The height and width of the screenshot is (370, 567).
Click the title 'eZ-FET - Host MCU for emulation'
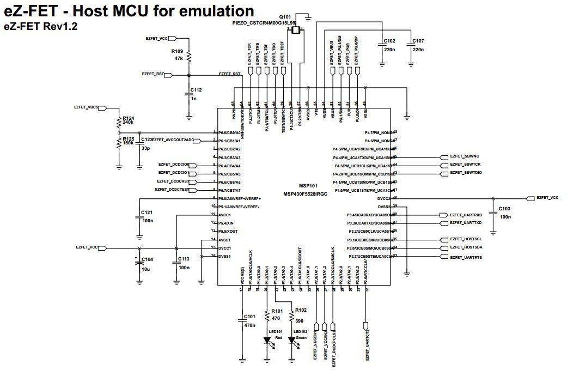tap(129, 11)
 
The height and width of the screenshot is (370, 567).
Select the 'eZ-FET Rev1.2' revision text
tap(41, 26)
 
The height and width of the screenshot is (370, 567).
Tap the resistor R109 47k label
tap(178, 54)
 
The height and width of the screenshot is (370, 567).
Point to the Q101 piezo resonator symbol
tap(296, 31)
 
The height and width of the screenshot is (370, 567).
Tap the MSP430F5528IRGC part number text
tap(305, 194)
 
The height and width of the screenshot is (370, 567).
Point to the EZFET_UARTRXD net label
tap(466, 215)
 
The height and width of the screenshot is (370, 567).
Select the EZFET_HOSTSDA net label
tap(466, 248)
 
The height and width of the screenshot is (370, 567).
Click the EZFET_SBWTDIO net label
tap(466, 173)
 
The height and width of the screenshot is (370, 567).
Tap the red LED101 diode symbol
tap(267, 341)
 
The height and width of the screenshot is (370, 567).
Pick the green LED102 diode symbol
tap(292, 341)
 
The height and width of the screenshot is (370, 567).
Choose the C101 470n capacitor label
tap(249, 320)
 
